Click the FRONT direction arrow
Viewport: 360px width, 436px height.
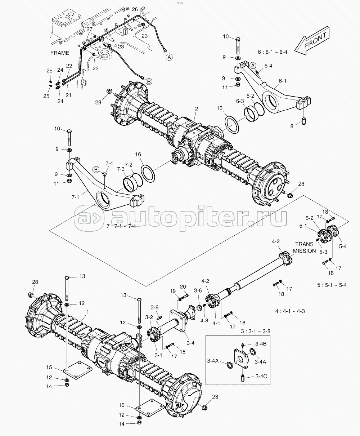tap(312, 41)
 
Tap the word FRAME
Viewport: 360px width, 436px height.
tap(59, 53)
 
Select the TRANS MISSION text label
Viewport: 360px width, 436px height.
tap(304, 248)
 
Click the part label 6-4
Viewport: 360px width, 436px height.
tap(268, 66)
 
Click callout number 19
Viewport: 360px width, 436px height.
tap(173, 291)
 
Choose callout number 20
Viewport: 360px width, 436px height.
tap(183, 286)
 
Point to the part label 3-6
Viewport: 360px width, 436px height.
tap(198, 290)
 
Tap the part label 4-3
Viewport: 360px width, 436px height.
tap(204, 320)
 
